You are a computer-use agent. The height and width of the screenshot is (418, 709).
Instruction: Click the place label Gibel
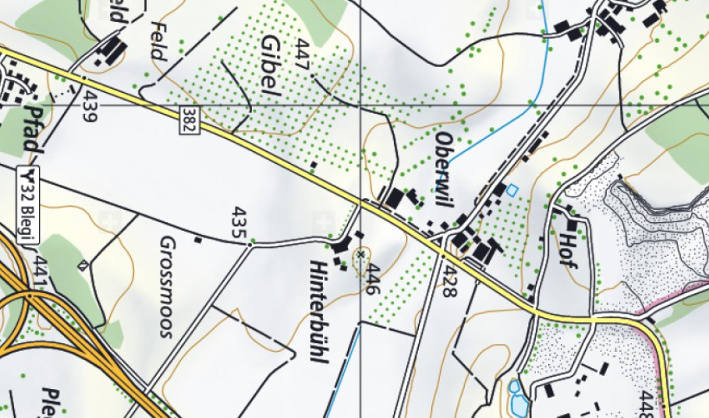pyautogui.click(x=271, y=66)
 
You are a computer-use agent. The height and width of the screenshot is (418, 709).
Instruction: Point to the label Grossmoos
pyautogui.click(x=165, y=285)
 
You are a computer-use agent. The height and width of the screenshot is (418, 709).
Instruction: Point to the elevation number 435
pyautogui.click(x=239, y=221)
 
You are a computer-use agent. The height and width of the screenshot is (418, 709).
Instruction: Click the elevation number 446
pyautogui.click(x=374, y=278)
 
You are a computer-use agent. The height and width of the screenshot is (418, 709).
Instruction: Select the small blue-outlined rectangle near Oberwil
pyautogui.click(x=512, y=189)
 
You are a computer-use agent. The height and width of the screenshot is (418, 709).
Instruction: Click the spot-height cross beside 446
pyautogui.click(x=360, y=253)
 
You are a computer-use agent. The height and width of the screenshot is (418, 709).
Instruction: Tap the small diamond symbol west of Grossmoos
pyautogui.click(x=83, y=265)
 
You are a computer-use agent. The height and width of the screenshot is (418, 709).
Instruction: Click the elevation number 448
pyautogui.click(x=643, y=404)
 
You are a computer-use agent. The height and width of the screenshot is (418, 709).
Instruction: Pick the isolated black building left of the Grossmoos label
pyautogui.click(x=198, y=239)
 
